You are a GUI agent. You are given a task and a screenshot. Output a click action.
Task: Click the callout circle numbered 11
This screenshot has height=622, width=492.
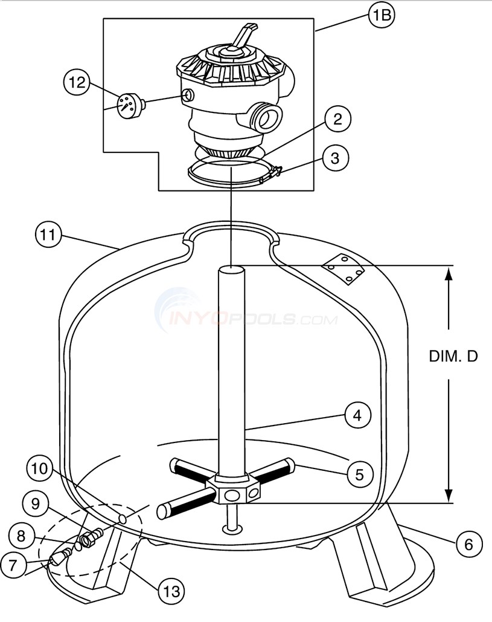point(49,235)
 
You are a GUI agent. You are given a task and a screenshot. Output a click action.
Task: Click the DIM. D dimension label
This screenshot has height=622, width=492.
point(453,356)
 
